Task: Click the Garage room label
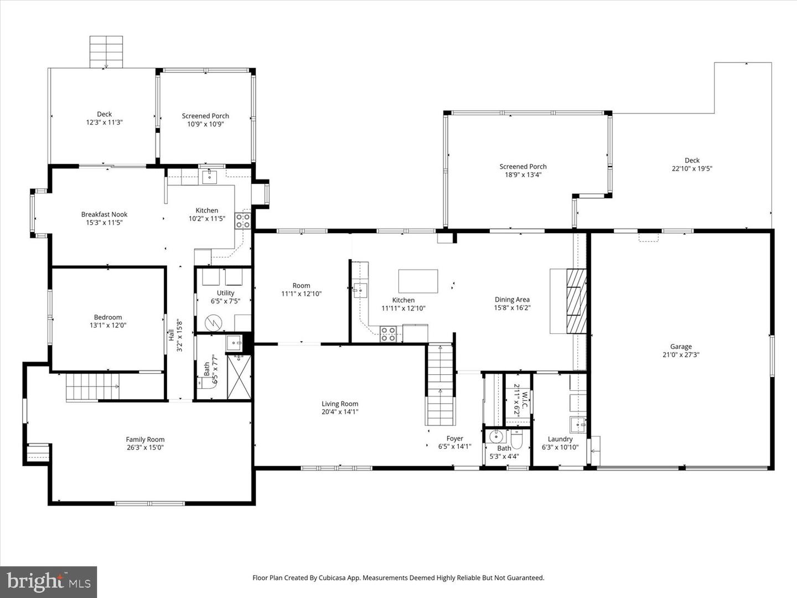tap(681, 347)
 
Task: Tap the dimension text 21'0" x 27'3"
tap(681, 355)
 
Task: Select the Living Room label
tap(340, 404)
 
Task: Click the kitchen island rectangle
tap(418, 281)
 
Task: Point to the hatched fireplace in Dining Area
tap(576, 301)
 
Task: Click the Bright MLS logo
tap(49, 581)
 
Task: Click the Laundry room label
tap(560, 439)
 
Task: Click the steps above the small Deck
tap(106, 51)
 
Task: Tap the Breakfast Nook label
tap(104, 214)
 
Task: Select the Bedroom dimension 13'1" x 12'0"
tap(108, 326)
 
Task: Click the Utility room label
tap(225, 293)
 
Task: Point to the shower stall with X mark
tap(239, 377)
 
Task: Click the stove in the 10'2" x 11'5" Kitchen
tap(242, 221)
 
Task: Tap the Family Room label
tap(145, 440)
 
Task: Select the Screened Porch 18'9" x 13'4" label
tap(523, 167)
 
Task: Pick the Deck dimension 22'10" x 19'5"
tap(692, 169)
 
